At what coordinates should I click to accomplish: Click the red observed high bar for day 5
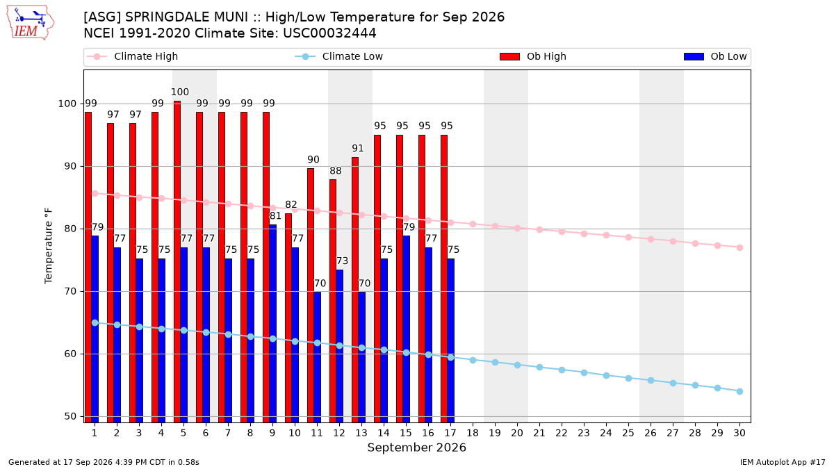[x=177, y=262]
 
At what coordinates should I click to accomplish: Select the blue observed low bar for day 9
[x=272, y=324]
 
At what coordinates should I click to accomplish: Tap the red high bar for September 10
[x=288, y=318]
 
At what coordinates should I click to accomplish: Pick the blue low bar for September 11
[x=317, y=357]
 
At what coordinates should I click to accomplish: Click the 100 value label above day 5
[x=180, y=92]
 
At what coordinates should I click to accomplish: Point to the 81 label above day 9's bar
[x=275, y=216]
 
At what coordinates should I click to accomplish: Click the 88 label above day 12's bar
[x=336, y=171]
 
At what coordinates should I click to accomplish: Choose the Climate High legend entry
[x=132, y=56]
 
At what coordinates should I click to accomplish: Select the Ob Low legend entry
[x=715, y=56]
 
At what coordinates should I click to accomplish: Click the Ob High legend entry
[x=533, y=56]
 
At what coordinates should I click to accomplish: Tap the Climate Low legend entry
[x=339, y=56]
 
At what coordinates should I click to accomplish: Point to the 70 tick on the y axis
[x=70, y=291]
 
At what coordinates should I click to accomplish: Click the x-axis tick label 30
[x=739, y=433]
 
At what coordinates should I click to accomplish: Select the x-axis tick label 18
[x=473, y=433]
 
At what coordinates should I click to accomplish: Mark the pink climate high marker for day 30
[x=739, y=247]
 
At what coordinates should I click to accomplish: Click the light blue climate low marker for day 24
[x=606, y=376]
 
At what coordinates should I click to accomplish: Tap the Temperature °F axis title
[x=49, y=246]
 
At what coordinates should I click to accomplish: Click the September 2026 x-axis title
[x=416, y=447]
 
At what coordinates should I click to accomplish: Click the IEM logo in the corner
[x=30, y=22]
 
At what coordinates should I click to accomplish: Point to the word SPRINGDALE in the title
[x=186, y=17]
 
